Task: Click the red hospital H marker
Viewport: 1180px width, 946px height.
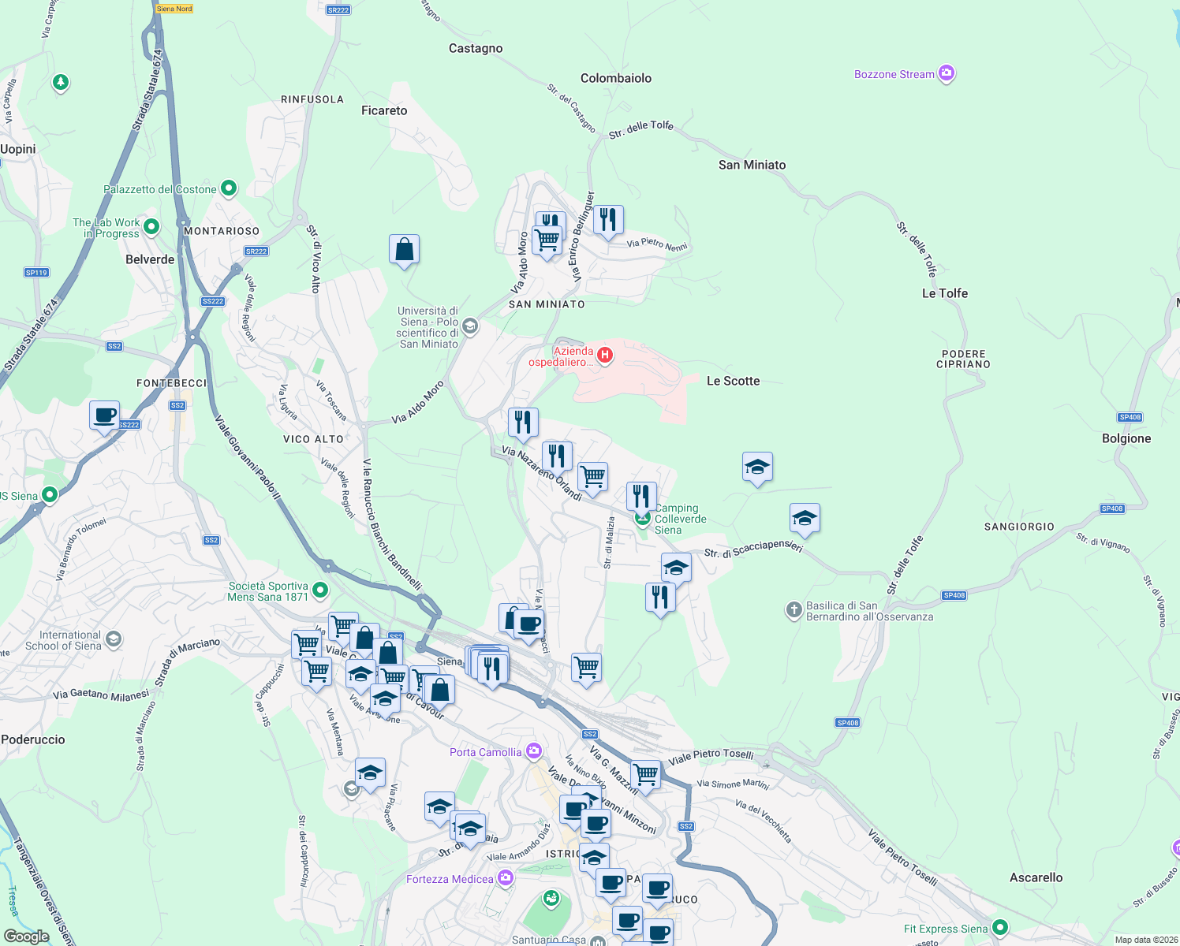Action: coord(605,356)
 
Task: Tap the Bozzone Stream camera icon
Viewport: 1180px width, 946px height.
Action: coord(947,74)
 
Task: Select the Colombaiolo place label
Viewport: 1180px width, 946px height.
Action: coord(616,78)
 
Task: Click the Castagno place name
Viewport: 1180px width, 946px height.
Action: coord(476,49)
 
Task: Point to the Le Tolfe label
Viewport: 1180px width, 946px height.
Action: coord(944,293)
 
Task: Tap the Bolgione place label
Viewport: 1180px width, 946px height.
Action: coord(1126,438)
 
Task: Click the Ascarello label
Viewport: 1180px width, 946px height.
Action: coord(1036,877)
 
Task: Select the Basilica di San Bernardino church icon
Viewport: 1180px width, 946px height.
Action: coord(794,610)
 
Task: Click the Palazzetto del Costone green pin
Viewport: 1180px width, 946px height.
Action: coord(229,188)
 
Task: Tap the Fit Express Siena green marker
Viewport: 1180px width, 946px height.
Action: coord(1000,928)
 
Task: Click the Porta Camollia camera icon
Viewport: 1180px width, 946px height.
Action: coord(534,750)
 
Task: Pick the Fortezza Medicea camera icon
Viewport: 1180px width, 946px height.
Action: coord(506,878)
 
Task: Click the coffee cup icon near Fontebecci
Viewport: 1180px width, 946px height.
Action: coord(104,415)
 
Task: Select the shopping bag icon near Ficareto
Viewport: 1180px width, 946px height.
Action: coord(404,250)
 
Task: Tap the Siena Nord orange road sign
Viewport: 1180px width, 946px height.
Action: coord(174,9)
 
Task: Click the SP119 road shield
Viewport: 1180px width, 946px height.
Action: coord(36,273)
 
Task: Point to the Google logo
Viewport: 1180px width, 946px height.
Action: coord(26,936)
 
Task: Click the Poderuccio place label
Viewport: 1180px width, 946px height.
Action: coord(33,739)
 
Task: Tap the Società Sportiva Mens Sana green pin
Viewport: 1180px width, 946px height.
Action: coord(320,590)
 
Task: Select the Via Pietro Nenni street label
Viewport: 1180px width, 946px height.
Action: coord(657,244)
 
